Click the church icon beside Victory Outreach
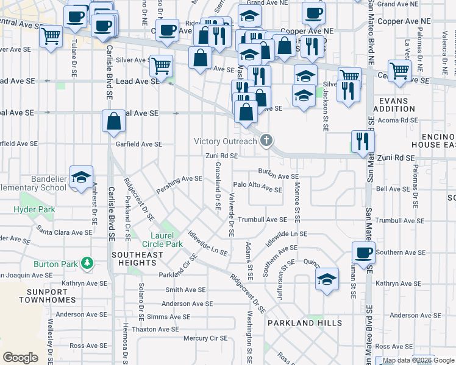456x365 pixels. (266, 141)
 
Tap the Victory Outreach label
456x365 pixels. (225, 142)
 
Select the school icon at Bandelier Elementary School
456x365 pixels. (81, 177)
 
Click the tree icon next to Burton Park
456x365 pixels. (88, 263)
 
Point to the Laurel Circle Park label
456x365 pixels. (166, 240)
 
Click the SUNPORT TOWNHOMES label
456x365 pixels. (47, 296)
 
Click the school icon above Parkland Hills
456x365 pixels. (327, 279)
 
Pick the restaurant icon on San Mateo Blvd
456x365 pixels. (363, 141)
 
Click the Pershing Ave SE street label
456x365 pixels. (179, 179)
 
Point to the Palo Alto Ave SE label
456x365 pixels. (258, 189)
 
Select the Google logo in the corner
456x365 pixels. (21, 358)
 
